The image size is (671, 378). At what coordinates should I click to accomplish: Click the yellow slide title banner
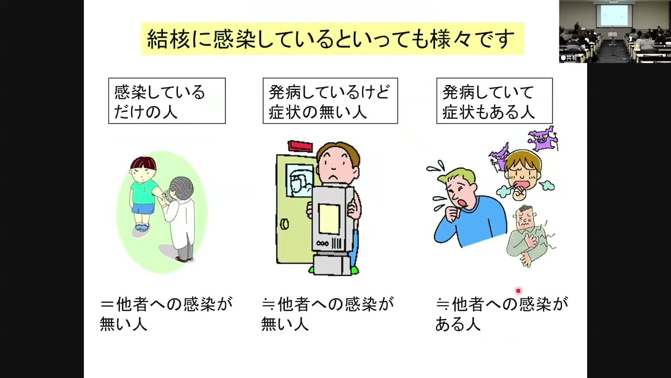[x=332, y=39]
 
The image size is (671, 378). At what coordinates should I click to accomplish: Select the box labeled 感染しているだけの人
[x=167, y=101]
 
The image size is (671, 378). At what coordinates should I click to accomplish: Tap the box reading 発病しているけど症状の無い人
[x=330, y=101]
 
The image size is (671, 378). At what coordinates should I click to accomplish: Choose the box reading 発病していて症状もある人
[x=494, y=101]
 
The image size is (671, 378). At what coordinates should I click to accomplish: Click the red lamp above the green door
[x=300, y=145]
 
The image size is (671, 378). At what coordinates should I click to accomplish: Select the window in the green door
[x=300, y=180]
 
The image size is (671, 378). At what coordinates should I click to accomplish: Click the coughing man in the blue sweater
[x=461, y=207]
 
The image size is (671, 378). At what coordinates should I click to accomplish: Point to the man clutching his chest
[x=527, y=234]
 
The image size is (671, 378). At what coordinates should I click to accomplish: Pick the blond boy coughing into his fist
[x=522, y=173]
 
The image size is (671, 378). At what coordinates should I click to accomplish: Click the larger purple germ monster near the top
[x=543, y=138]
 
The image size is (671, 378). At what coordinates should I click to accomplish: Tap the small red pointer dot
[x=518, y=291]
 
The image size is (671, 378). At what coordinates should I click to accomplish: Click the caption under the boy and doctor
[x=166, y=314]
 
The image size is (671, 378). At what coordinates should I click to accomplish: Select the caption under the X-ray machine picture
[x=328, y=314]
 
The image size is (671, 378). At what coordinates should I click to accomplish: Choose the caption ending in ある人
[x=501, y=314]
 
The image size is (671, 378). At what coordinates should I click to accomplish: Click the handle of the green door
[x=285, y=224]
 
